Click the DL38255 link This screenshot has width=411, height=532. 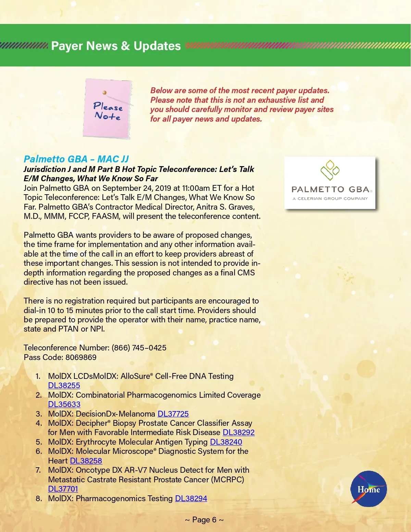coord(64,385)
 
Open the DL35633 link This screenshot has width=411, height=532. coord(64,404)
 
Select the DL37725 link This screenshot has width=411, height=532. coord(173,414)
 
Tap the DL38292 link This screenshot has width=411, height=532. coord(238,432)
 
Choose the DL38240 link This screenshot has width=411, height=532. coord(226,442)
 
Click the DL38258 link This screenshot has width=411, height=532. coord(86,461)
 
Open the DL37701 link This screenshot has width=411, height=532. coord(63,489)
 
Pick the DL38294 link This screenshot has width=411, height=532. coord(191,498)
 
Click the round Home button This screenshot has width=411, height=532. coord(369,489)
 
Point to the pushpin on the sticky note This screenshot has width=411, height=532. coord(104,92)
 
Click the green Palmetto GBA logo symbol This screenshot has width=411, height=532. coord(329,170)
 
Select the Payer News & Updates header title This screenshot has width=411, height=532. coord(116,46)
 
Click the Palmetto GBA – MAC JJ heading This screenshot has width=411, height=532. coord(76,159)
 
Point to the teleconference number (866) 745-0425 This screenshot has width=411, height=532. coord(139,348)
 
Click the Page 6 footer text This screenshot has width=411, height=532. coord(204,520)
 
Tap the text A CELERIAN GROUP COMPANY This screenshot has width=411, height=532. coord(330,198)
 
